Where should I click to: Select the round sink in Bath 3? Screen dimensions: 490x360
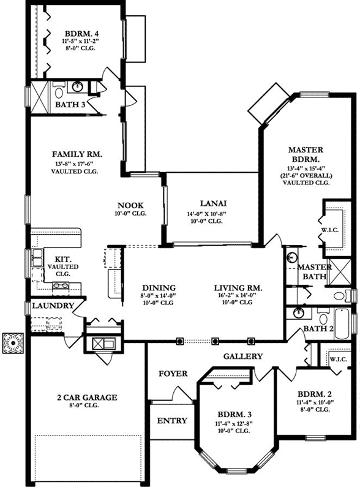pos(78,86)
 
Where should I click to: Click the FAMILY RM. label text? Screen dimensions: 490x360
pos(77,154)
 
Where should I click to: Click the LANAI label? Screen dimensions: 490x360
pos(213,203)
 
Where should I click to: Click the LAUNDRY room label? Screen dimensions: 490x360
pos(53,306)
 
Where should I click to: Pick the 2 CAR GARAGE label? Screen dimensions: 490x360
pos(85,398)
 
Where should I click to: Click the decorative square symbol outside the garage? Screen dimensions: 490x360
pos(12,343)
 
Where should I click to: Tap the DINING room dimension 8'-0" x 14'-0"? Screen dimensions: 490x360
pos(159,295)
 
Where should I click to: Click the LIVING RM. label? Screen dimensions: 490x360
pos(238,287)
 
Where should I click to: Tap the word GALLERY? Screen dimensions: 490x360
pos(242,356)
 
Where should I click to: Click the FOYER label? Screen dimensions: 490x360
pos(173,374)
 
